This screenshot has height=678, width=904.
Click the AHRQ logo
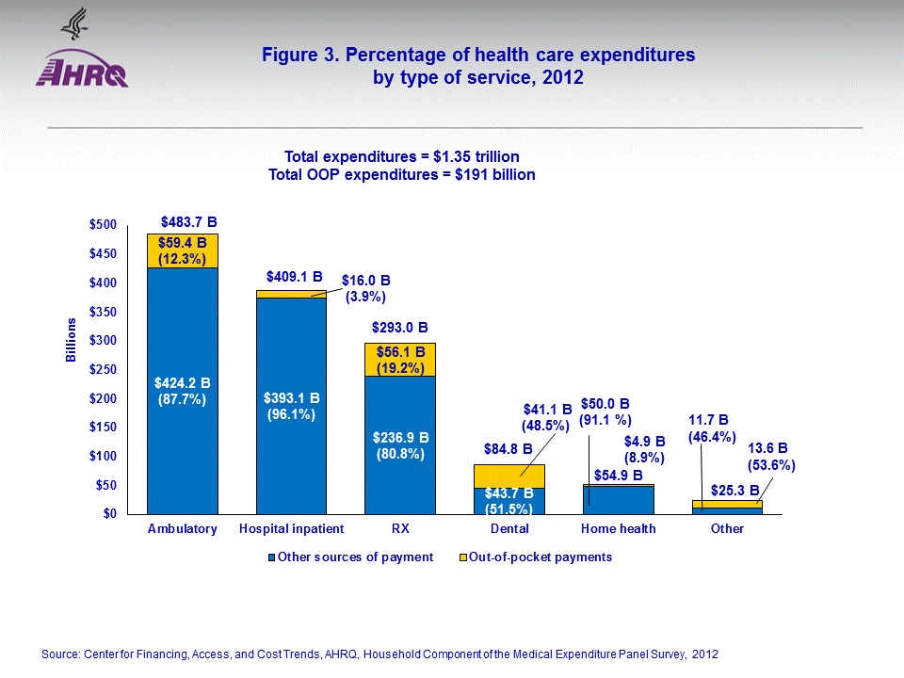click(82, 61)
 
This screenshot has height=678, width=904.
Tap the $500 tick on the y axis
click(103, 225)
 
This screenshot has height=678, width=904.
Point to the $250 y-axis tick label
click(103, 370)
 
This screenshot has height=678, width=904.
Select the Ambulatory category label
click(182, 529)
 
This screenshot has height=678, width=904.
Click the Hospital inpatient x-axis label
click(292, 529)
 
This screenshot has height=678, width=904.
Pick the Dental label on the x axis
click(509, 529)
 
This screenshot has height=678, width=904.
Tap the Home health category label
click(619, 529)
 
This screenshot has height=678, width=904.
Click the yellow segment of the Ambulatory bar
click(183, 251)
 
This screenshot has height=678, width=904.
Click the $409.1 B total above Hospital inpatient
click(294, 277)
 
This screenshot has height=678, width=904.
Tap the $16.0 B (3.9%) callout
click(365, 288)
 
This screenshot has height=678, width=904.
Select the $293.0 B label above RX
click(400, 329)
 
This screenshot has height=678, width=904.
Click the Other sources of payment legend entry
click(350, 557)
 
